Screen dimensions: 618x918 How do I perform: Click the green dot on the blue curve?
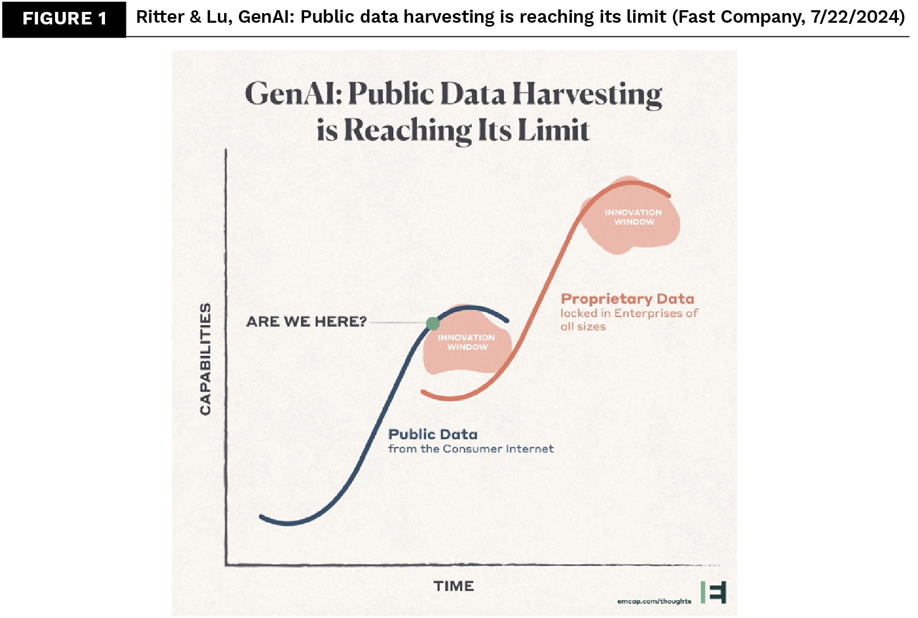[433, 324]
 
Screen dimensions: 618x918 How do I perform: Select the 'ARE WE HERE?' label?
[306, 321]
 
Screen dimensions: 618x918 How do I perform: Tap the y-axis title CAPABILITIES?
[205, 359]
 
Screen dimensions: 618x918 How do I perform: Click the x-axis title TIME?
[454, 586]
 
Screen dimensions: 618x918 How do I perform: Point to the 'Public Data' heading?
[433, 435]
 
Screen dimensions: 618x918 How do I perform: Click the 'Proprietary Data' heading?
[628, 299]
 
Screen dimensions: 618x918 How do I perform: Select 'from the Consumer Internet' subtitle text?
[471, 449]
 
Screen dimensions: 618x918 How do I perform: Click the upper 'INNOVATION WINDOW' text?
[633, 217]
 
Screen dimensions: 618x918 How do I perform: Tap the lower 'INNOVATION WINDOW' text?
[466, 342]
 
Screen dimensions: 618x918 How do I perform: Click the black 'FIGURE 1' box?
[64, 19]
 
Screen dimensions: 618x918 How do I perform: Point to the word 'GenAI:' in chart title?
[294, 94]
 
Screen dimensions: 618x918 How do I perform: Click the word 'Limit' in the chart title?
[554, 130]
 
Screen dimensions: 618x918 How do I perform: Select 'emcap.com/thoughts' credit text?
[654, 601]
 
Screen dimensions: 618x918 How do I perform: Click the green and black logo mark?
[714, 592]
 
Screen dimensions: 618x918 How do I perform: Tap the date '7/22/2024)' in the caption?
[857, 17]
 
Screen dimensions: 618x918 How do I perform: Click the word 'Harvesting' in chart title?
[587, 95]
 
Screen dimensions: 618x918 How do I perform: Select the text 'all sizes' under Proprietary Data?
[583, 327]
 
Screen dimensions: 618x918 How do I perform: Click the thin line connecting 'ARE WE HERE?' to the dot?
[397, 322]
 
